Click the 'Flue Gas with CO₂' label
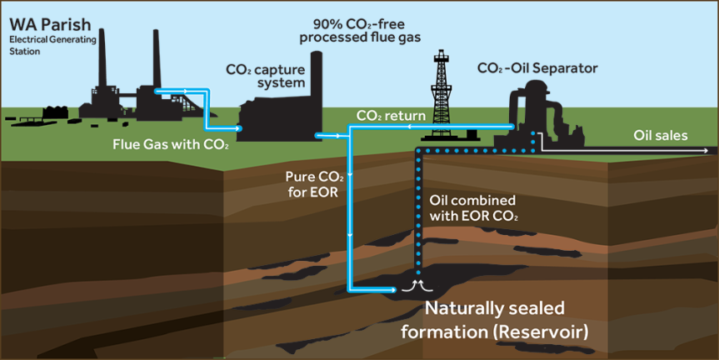tap(171, 142)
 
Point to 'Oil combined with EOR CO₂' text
tap(472, 208)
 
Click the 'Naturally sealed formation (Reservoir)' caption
tap(495, 320)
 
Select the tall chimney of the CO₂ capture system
tap(316, 83)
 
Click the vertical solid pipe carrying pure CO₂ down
tap(350, 217)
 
